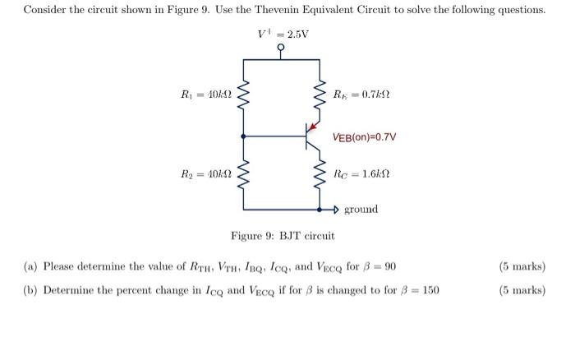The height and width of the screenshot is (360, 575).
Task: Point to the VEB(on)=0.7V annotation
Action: point(364,136)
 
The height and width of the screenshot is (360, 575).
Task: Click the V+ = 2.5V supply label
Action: point(283,35)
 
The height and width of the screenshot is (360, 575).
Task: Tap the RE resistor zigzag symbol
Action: point(316,97)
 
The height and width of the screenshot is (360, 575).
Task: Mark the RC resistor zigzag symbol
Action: point(316,176)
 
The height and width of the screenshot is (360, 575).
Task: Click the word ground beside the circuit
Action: point(361,210)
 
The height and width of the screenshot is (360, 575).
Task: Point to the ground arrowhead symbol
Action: point(335,210)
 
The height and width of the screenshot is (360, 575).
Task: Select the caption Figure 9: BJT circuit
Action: point(283,236)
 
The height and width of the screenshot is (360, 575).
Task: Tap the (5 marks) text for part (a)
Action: point(522,266)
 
